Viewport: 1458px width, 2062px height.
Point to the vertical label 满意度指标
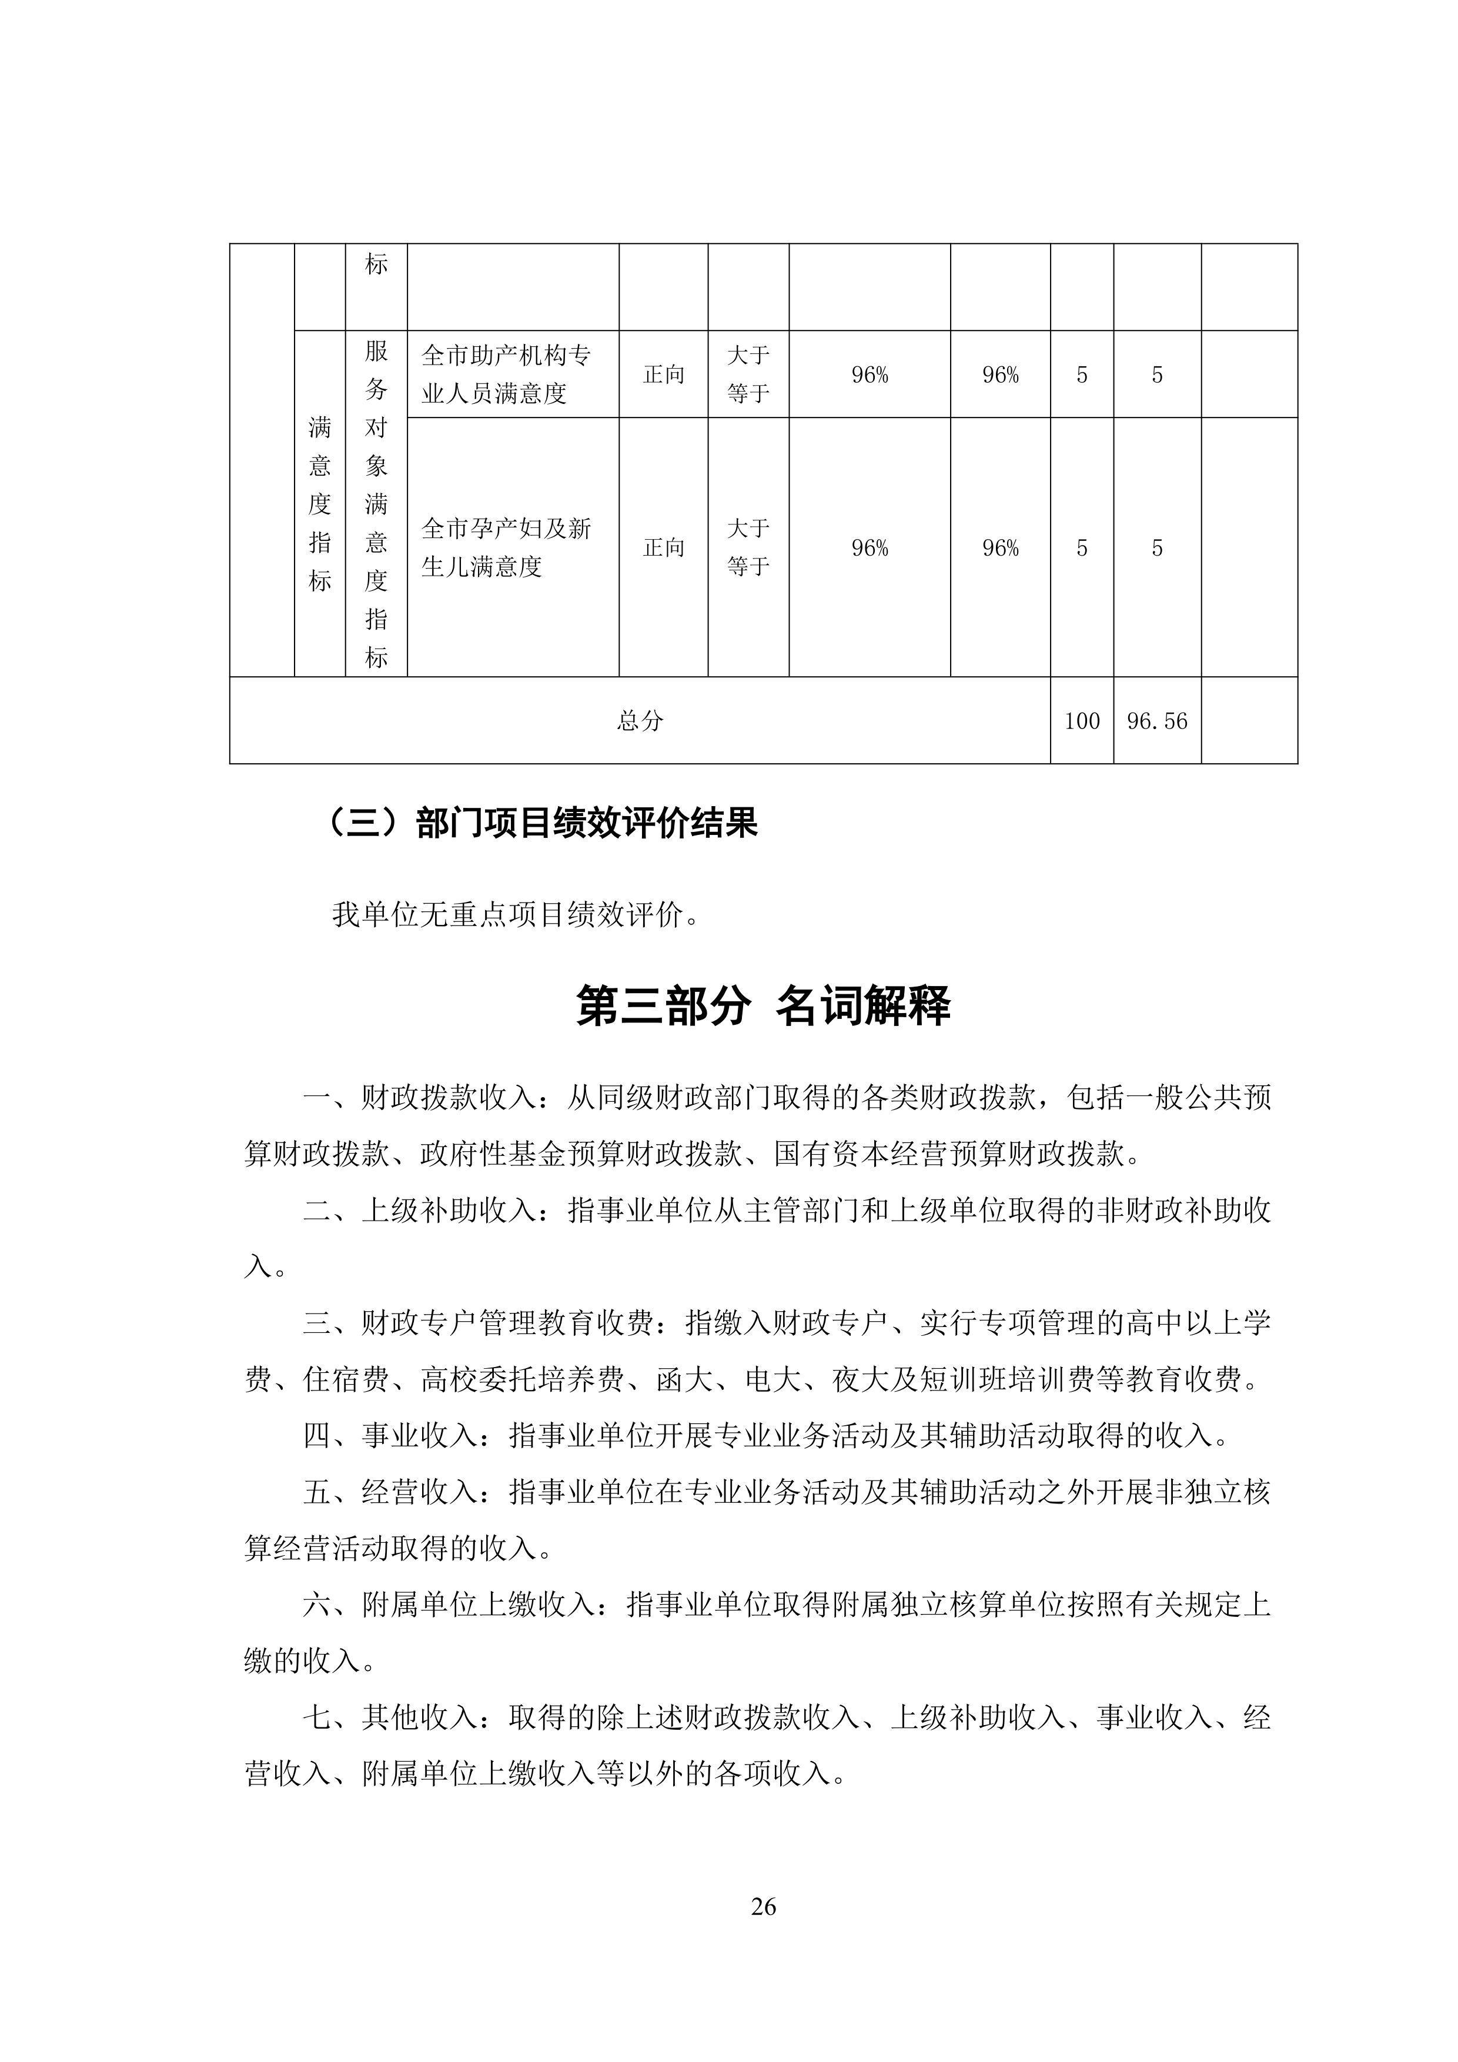coord(320,504)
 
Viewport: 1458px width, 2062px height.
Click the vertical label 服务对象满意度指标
coord(376,504)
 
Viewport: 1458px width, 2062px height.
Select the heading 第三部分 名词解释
coord(763,1006)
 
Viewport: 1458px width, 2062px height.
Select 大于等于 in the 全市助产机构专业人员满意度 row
coord(748,375)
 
